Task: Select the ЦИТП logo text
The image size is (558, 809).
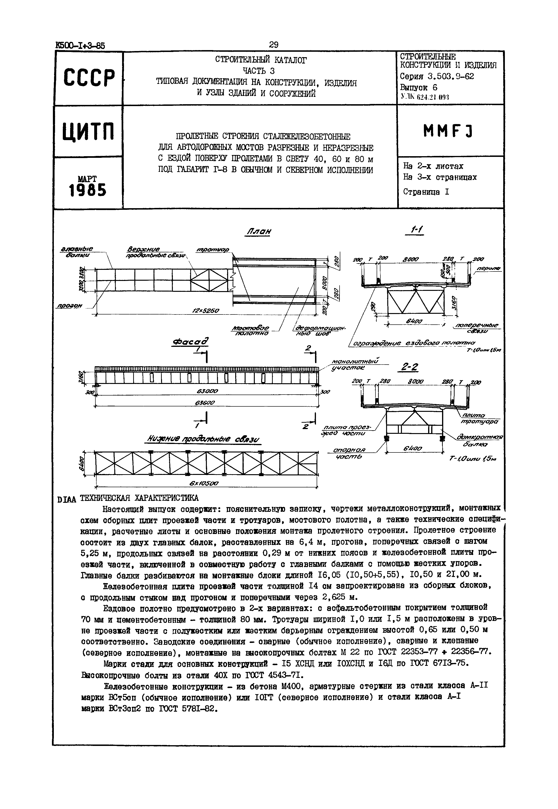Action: [x=89, y=132]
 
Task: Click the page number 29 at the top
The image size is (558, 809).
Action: [x=274, y=45]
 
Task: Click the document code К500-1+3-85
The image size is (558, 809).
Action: [x=80, y=46]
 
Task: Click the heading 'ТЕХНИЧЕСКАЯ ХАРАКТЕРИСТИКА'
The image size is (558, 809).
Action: [x=139, y=498]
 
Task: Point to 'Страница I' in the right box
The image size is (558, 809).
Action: [x=426, y=192]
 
